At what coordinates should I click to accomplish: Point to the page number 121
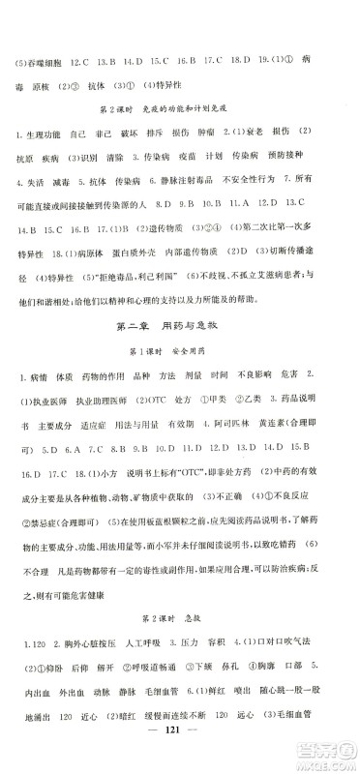tap(181, 755)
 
